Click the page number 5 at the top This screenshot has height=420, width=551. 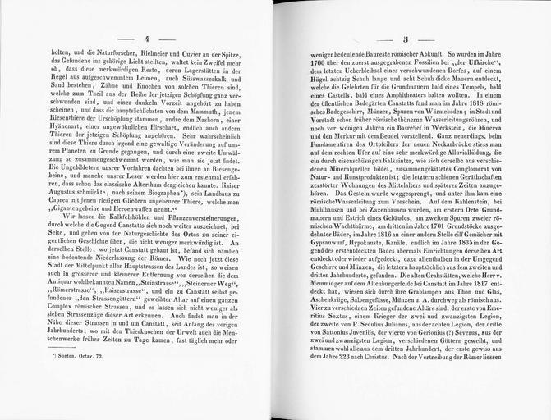tap(405, 39)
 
